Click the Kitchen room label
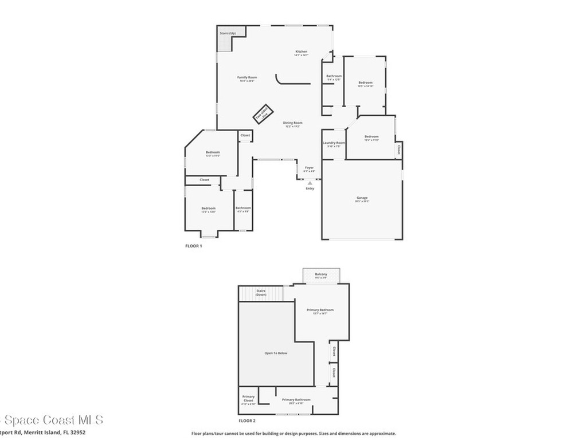click(302, 52)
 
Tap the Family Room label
click(247, 77)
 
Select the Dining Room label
click(293, 123)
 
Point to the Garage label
click(362, 198)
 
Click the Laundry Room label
click(334, 143)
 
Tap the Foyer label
click(309, 168)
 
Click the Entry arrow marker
click(310, 183)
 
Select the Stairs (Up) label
click(228, 33)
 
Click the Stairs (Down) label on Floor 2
click(261, 293)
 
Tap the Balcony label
click(321, 274)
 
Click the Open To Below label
click(276, 353)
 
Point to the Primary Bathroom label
click(296, 400)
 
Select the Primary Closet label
click(248, 398)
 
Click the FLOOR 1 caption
click(193, 246)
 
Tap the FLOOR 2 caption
click(247, 421)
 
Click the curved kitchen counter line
click(287, 82)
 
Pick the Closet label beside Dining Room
click(245, 135)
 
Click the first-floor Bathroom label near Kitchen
click(334, 76)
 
